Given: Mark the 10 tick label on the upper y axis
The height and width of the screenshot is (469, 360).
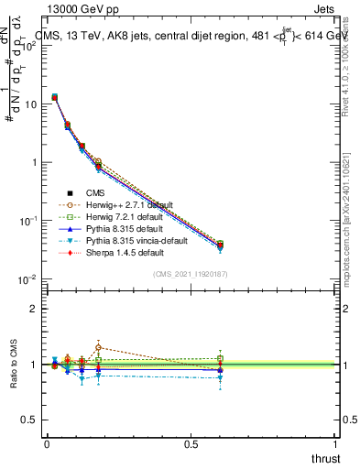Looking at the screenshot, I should pos(30,104).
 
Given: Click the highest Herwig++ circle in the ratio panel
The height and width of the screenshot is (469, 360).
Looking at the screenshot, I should pos(98,348).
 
